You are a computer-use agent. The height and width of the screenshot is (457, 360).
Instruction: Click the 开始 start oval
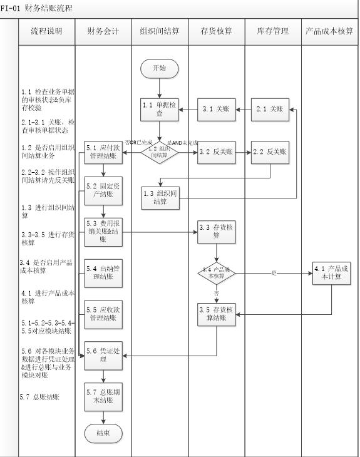click(x=159, y=68)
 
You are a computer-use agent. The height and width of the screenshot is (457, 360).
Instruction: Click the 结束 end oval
click(x=103, y=433)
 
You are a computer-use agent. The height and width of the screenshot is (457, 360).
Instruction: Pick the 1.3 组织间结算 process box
click(x=160, y=197)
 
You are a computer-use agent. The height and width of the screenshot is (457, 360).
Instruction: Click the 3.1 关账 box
click(x=217, y=109)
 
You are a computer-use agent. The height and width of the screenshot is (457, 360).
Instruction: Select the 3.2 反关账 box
click(x=217, y=152)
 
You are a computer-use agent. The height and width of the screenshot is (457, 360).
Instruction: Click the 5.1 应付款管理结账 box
click(x=103, y=152)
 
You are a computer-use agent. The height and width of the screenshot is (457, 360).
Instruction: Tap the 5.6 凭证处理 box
click(x=103, y=356)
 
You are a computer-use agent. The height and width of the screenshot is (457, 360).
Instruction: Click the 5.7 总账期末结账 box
click(x=103, y=396)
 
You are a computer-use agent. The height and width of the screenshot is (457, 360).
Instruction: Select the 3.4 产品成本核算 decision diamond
click(x=217, y=273)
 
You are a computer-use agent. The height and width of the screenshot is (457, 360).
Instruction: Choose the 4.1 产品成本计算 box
click(x=332, y=273)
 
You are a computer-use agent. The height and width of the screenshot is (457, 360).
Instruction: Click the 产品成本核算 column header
click(x=329, y=31)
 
